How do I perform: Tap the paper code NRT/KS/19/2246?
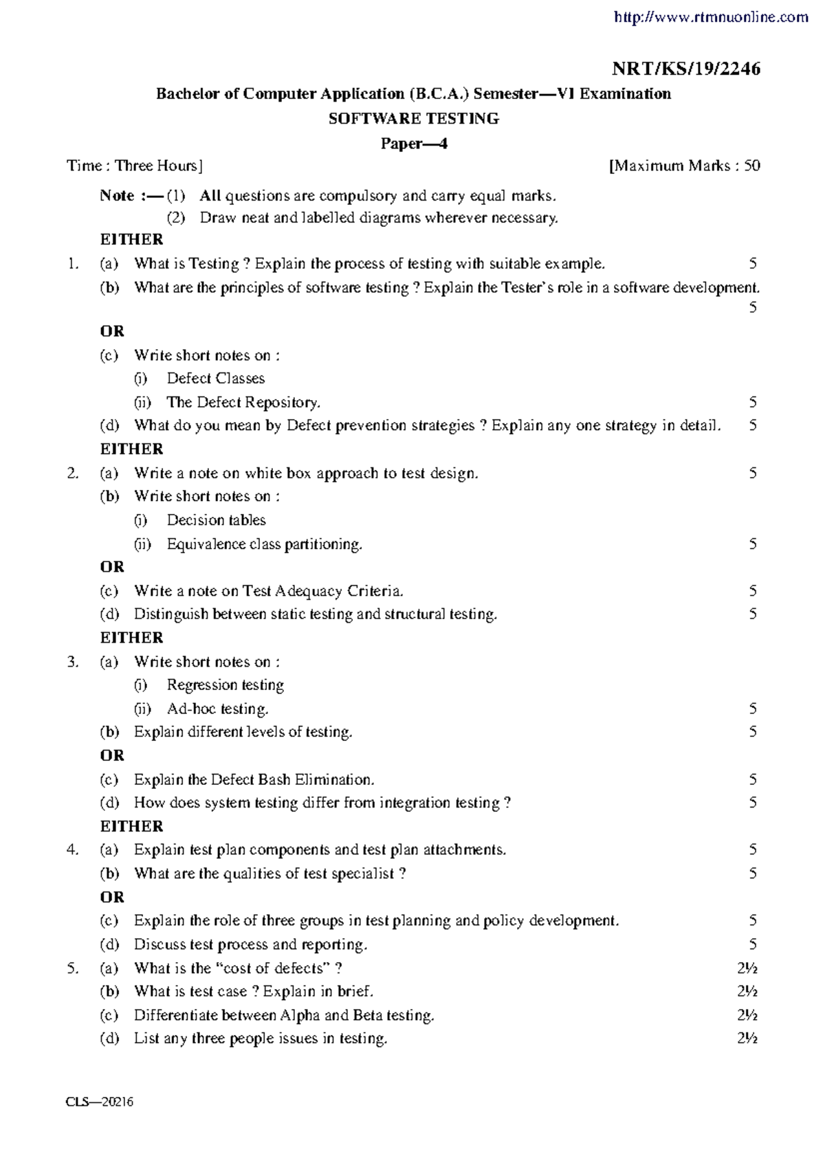pyautogui.click(x=686, y=69)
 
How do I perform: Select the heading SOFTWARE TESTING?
pyautogui.click(x=413, y=119)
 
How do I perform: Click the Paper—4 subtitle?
pyautogui.click(x=414, y=144)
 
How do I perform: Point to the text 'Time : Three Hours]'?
pyautogui.click(x=135, y=166)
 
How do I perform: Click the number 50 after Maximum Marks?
pyautogui.click(x=751, y=166)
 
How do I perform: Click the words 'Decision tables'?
pyautogui.click(x=216, y=520)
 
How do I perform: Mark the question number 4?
pyautogui.click(x=72, y=850)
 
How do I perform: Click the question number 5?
pyautogui.click(x=72, y=968)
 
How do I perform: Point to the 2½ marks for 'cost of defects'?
pyautogui.click(x=747, y=968)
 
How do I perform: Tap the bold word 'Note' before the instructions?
pyautogui.click(x=117, y=196)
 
